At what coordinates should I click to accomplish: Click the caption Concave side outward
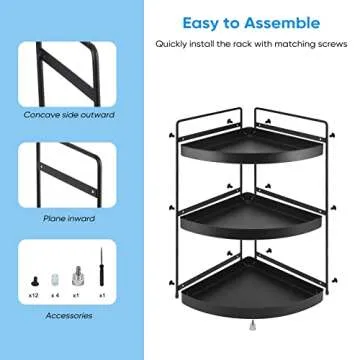[69, 114]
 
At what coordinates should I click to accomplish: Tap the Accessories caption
[69, 315]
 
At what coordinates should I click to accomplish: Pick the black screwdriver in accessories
[101, 275]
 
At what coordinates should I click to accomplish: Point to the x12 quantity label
[36, 296]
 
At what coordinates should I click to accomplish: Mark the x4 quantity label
[56, 296]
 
